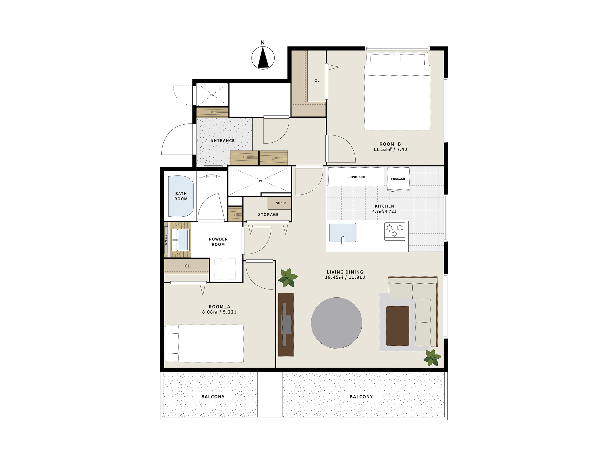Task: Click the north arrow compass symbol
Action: click(x=263, y=58)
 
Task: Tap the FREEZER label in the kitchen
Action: click(x=398, y=179)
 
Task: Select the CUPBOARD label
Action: click(x=356, y=177)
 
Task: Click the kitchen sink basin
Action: click(x=343, y=233)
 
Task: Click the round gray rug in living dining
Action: click(x=337, y=323)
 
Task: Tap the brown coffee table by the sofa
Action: click(x=398, y=326)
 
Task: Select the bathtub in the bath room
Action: click(x=181, y=196)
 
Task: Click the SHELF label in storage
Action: click(x=281, y=203)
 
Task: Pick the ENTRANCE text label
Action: click(x=223, y=141)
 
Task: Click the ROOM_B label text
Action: click(x=390, y=144)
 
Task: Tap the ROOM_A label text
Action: click(x=219, y=307)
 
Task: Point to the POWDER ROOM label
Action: click(x=218, y=242)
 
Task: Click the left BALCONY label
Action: click(x=213, y=397)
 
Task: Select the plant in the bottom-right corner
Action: click(x=432, y=358)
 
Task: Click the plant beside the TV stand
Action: click(x=288, y=277)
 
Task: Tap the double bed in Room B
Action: click(x=397, y=91)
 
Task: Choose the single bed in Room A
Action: click(x=204, y=344)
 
